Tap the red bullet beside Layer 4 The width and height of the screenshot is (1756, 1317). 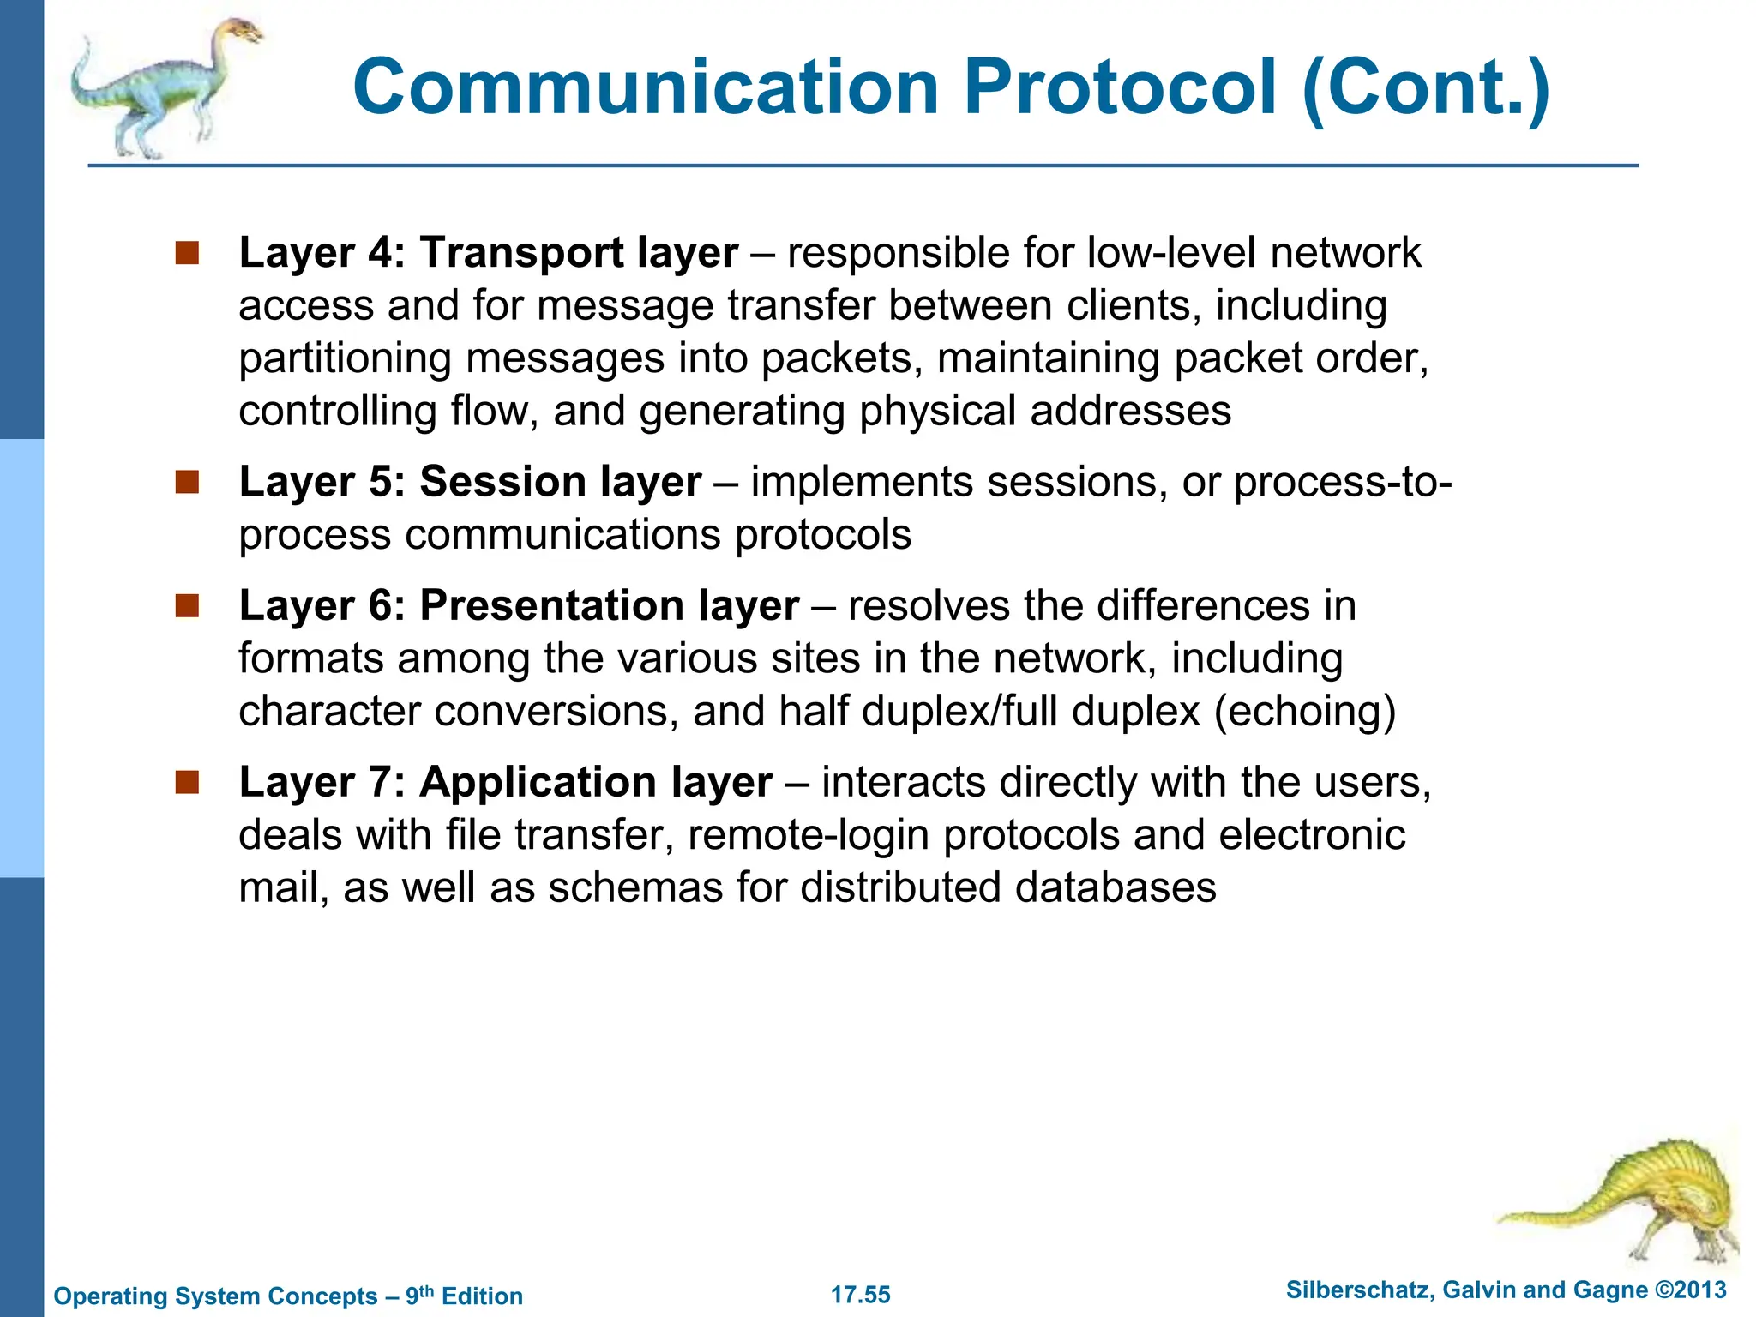[x=187, y=253]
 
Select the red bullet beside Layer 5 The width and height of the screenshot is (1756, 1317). [x=187, y=482]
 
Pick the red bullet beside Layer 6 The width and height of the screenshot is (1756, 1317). [x=187, y=606]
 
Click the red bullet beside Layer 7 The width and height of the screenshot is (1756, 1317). [x=187, y=782]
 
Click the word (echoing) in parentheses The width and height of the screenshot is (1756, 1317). [x=1305, y=713]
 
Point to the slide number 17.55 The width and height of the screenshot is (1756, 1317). [x=861, y=1295]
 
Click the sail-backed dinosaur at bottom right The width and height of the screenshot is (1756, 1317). [x=1646, y=1200]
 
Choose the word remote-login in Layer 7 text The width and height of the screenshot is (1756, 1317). [x=808, y=835]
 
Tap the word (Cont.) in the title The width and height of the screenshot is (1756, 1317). [x=1425, y=87]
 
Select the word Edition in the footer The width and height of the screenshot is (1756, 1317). [x=482, y=1296]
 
